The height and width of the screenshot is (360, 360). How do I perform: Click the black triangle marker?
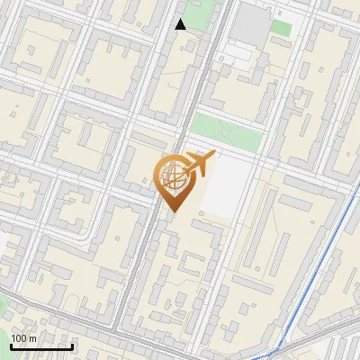coord(181,24)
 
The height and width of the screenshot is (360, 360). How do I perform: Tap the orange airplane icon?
coord(198,164)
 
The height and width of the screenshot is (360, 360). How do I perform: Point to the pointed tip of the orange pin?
coord(172,211)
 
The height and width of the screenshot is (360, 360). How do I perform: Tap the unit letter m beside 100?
coord(33,338)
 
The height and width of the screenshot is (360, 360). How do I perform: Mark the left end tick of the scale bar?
coord(11,346)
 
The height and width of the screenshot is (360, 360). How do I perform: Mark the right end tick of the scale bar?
coord(72,346)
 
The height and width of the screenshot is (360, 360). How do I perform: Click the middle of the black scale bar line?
coord(41,347)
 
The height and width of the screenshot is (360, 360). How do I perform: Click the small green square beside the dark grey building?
coord(282,28)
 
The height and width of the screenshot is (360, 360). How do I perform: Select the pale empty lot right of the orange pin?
coord(229,184)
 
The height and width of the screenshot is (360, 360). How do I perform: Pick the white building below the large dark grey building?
coord(236,56)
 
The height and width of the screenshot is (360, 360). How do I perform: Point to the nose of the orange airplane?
coord(214,155)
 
